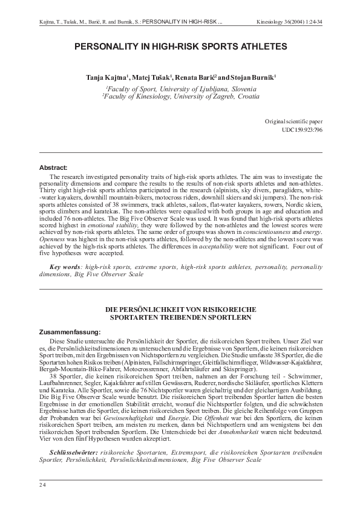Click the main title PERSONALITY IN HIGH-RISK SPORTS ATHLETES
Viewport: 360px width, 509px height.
click(180, 46)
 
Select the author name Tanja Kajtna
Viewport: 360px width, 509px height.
click(107, 78)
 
